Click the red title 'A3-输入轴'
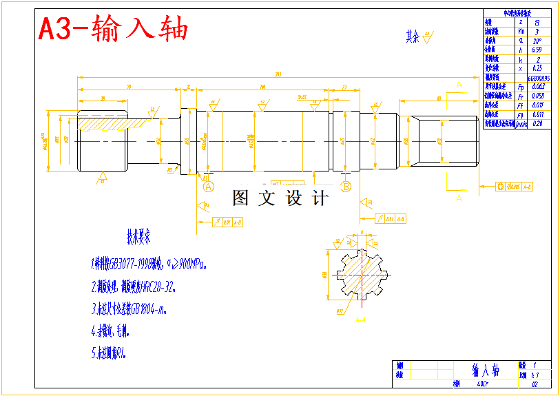click(113, 30)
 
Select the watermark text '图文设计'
click(280, 198)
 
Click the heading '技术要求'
click(138, 238)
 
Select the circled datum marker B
click(346, 186)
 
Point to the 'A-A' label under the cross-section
click(360, 320)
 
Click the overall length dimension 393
click(277, 74)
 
